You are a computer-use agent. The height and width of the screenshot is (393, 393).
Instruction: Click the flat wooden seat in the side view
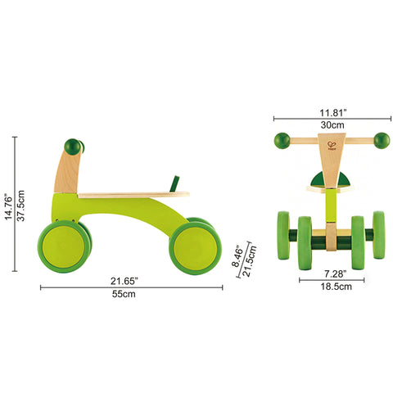pos(133,195)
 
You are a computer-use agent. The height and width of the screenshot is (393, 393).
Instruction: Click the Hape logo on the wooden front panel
pos(332,148)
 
